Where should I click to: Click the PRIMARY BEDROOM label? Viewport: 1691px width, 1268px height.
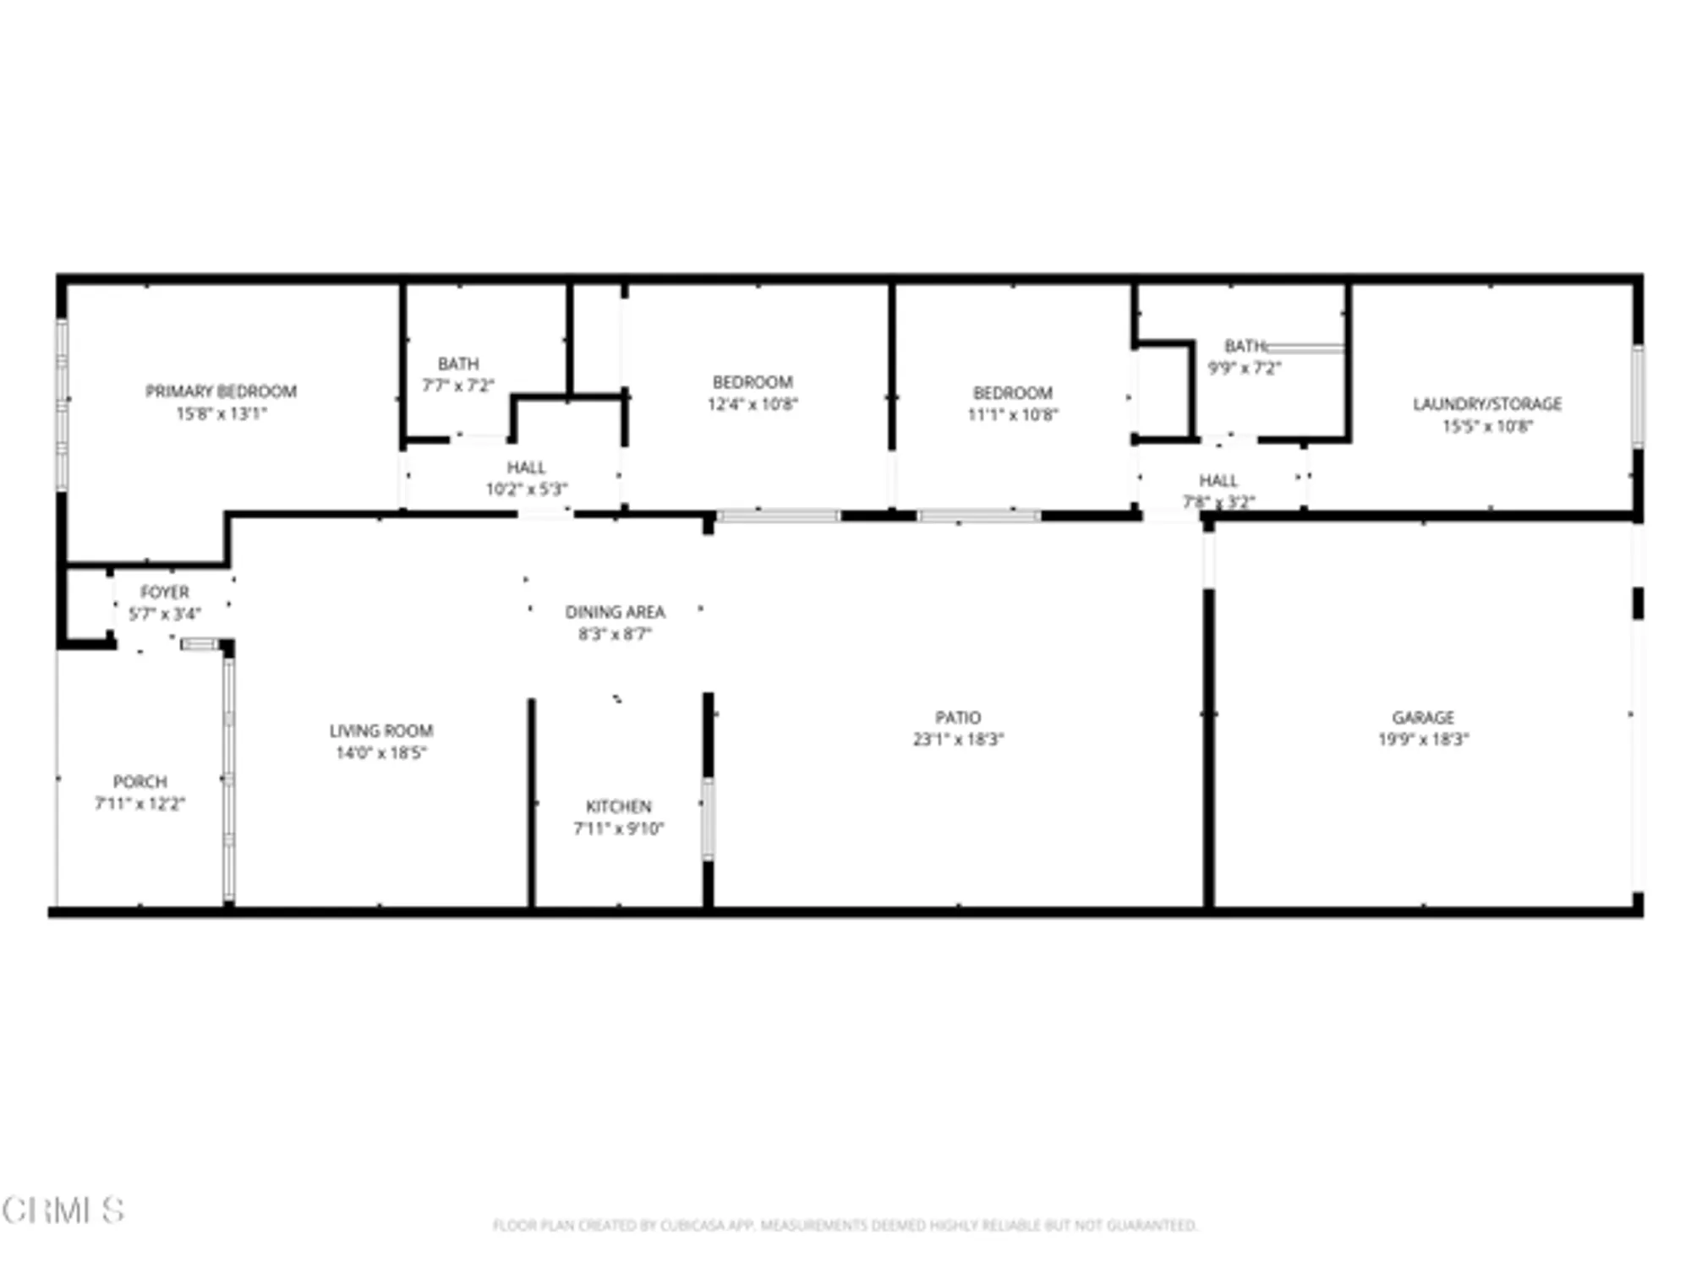coord(221,391)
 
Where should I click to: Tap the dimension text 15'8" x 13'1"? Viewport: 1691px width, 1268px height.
coord(221,413)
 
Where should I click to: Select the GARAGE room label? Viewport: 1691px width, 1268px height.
coord(1423,717)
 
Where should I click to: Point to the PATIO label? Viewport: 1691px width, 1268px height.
coord(957,717)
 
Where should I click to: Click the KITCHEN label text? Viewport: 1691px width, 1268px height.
coord(618,806)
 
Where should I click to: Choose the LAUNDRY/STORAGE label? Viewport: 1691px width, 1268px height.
coord(1487,404)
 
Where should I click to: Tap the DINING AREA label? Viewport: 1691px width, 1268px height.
coord(615,611)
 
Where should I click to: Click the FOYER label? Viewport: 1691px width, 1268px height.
coord(164,592)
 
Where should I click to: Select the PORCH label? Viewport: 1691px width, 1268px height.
coord(140,781)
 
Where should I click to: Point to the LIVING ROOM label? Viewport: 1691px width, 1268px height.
coord(380,730)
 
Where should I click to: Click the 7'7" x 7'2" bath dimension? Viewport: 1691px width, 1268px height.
coord(457,385)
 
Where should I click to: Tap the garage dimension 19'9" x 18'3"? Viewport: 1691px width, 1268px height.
coord(1423,739)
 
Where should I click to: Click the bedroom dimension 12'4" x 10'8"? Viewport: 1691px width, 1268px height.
coord(752,404)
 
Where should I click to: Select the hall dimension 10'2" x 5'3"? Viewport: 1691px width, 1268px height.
coord(526,489)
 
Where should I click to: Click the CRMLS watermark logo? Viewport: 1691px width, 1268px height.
coord(63,1211)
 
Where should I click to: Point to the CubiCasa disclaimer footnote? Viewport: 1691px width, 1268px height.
coord(845,1225)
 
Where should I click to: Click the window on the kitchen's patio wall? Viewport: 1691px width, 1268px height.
coord(708,818)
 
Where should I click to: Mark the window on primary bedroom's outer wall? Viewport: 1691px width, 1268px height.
coord(62,404)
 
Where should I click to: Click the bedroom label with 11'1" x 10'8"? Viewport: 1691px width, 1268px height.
coord(1012,393)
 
